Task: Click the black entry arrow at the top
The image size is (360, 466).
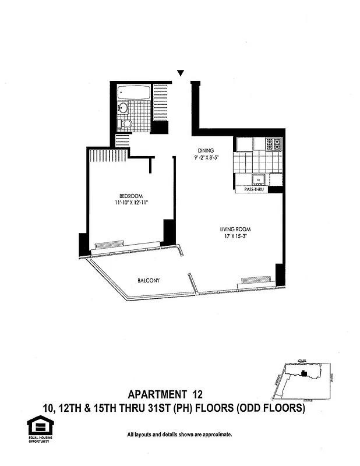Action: click(181, 73)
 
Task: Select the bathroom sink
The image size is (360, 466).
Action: click(123, 108)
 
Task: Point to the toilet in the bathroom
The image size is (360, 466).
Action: click(127, 123)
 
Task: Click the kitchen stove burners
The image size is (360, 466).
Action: click(273, 144)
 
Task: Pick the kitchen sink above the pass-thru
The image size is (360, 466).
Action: click(258, 179)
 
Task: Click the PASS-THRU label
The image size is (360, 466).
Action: click(252, 190)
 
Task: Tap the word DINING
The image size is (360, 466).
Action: click(206, 151)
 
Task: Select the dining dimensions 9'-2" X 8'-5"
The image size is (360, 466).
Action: click(206, 158)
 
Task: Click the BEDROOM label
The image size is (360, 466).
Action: click(131, 196)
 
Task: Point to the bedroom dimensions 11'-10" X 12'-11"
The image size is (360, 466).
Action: click(131, 203)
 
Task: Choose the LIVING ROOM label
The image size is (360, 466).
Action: click(235, 230)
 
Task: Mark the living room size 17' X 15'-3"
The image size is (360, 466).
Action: click(235, 236)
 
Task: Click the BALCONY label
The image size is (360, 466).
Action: click(149, 281)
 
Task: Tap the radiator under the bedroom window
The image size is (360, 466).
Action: click(110, 245)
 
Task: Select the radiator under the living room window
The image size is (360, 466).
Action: click(256, 280)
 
